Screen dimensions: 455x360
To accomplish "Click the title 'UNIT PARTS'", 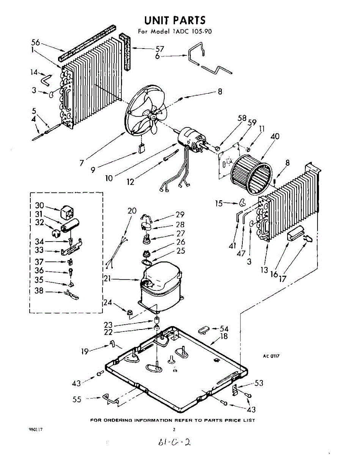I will [174, 20].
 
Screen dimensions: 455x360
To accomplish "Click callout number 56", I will [36, 42].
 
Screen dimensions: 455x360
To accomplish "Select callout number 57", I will [160, 49].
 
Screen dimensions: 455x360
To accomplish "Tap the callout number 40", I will [275, 136].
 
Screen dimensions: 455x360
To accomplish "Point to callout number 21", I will [108, 279].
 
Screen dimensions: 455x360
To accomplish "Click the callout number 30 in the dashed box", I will [39, 205].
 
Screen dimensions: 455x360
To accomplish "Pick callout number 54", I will [224, 328].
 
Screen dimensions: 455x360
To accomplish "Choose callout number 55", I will [77, 399].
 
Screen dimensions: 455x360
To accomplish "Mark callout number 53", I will [259, 383].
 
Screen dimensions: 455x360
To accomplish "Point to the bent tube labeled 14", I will [47, 79].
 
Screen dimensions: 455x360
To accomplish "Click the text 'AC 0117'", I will [271, 356].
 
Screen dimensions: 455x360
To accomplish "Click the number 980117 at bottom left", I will [36, 430].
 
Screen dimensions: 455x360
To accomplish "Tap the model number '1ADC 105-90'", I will [193, 31].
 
